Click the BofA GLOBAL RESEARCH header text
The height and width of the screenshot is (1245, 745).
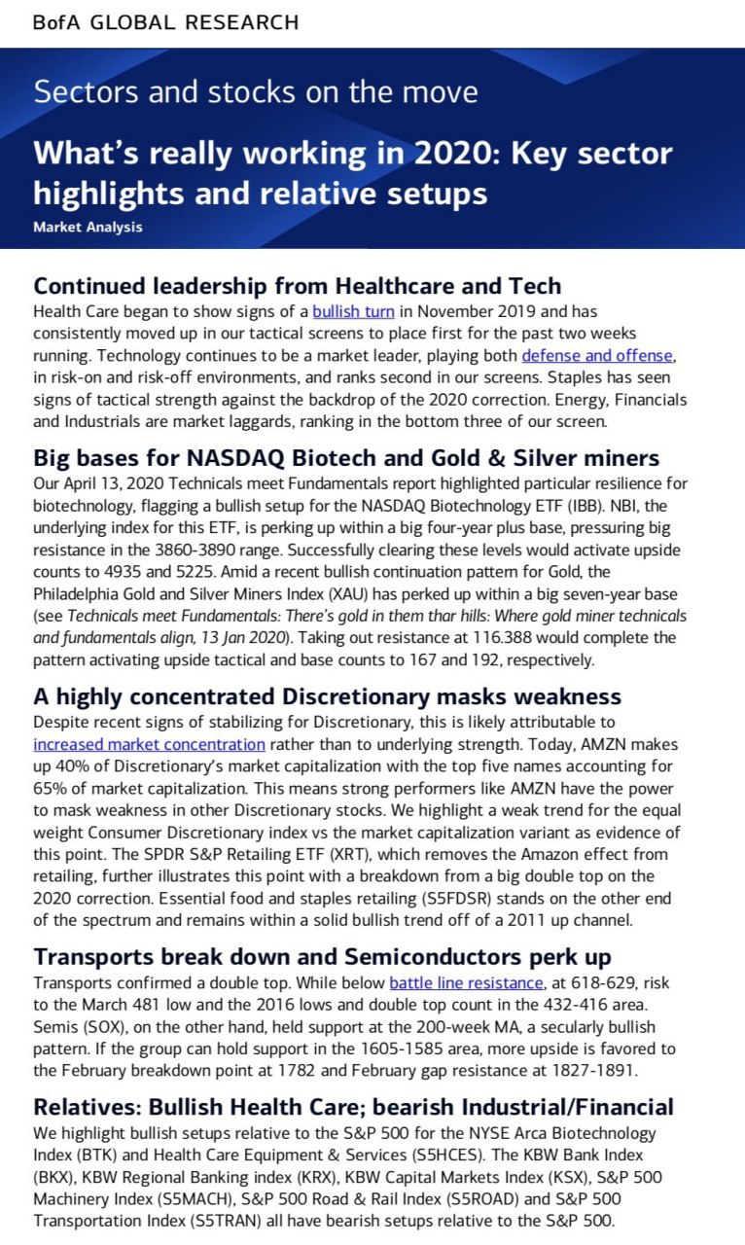[x=166, y=22]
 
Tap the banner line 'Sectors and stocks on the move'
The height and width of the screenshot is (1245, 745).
[x=255, y=92]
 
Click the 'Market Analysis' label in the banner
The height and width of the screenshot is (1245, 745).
[x=88, y=227]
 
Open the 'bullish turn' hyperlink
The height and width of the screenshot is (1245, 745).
[x=353, y=312]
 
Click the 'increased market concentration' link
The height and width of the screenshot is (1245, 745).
[x=149, y=744]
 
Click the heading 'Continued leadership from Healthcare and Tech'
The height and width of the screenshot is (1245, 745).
[x=297, y=286]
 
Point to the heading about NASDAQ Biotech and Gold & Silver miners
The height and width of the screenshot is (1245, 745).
[x=346, y=457]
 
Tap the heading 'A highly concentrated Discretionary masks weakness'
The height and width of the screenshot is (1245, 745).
[x=327, y=696]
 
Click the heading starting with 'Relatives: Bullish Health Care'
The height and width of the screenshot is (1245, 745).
[x=353, y=1106]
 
